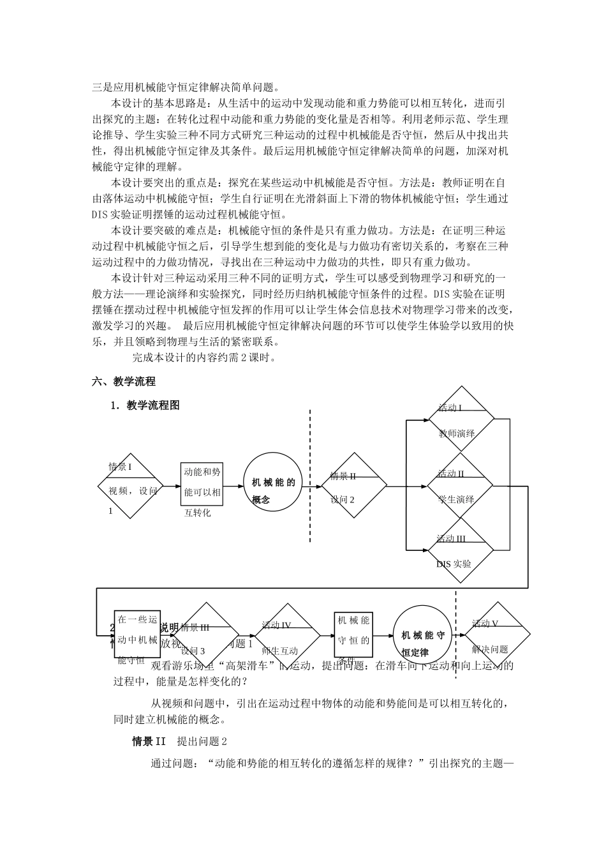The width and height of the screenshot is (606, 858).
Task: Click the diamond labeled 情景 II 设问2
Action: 354,487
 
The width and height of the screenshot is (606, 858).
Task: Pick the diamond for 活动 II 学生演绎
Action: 461,486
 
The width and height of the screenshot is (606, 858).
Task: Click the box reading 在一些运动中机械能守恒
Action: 137,638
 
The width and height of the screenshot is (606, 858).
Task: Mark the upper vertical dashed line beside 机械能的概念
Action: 311,476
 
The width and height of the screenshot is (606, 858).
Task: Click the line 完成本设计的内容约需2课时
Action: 204,357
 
